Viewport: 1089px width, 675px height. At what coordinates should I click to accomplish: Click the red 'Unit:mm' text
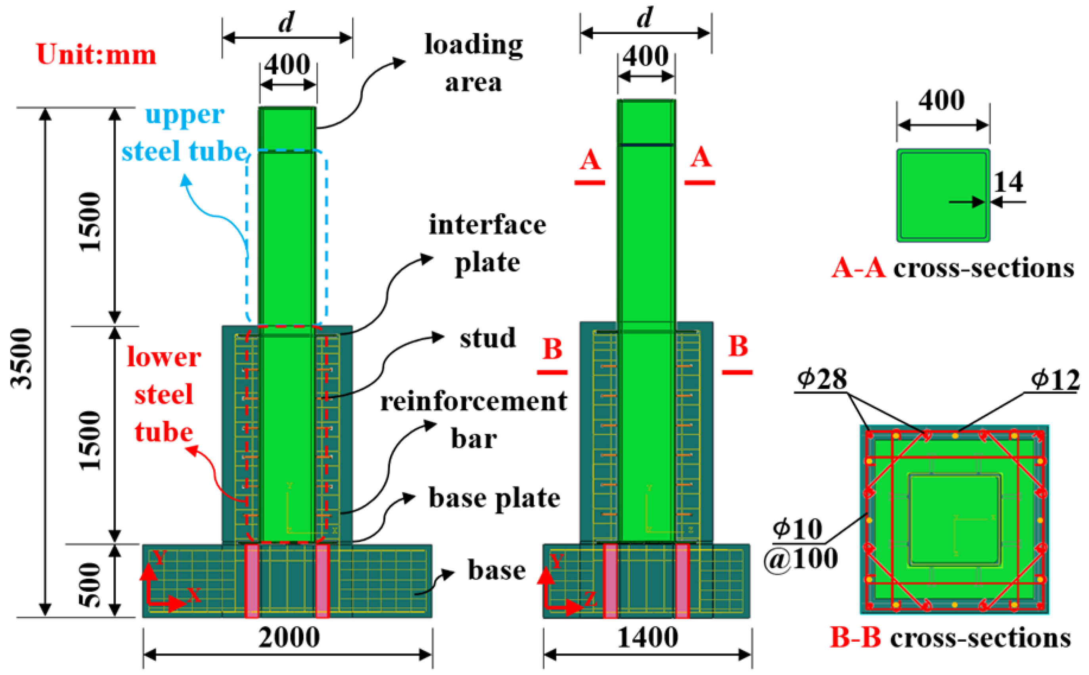click(96, 55)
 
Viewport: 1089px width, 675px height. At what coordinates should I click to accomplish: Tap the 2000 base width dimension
click(289, 637)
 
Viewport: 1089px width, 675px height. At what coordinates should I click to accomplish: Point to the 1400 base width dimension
click(647, 637)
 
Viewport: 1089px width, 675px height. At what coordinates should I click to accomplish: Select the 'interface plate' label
click(487, 243)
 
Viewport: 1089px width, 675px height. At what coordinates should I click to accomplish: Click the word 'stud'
click(488, 338)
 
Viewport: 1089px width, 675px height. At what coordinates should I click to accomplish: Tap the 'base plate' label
click(494, 498)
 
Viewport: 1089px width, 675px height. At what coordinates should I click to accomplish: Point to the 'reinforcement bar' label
click(473, 420)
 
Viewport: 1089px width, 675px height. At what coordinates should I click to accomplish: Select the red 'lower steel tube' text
click(164, 395)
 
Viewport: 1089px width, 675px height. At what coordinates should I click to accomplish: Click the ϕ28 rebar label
click(822, 379)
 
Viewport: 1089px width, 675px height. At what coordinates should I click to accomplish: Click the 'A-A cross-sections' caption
click(953, 269)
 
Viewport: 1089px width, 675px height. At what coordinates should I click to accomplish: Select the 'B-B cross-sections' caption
click(950, 637)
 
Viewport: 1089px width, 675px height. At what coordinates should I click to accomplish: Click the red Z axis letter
click(590, 599)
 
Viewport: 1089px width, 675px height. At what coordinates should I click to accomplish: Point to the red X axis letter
click(194, 595)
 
